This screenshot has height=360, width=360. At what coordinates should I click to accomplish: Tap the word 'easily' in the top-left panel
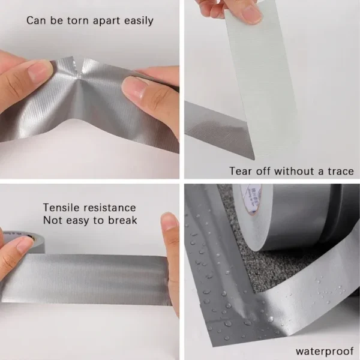tap(137, 21)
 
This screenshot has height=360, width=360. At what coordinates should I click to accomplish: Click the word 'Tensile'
tap(62, 208)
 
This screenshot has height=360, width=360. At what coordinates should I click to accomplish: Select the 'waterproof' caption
tap(323, 351)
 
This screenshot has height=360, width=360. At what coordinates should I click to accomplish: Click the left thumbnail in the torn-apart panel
tap(41, 71)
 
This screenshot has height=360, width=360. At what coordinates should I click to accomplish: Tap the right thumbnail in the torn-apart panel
tap(135, 88)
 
